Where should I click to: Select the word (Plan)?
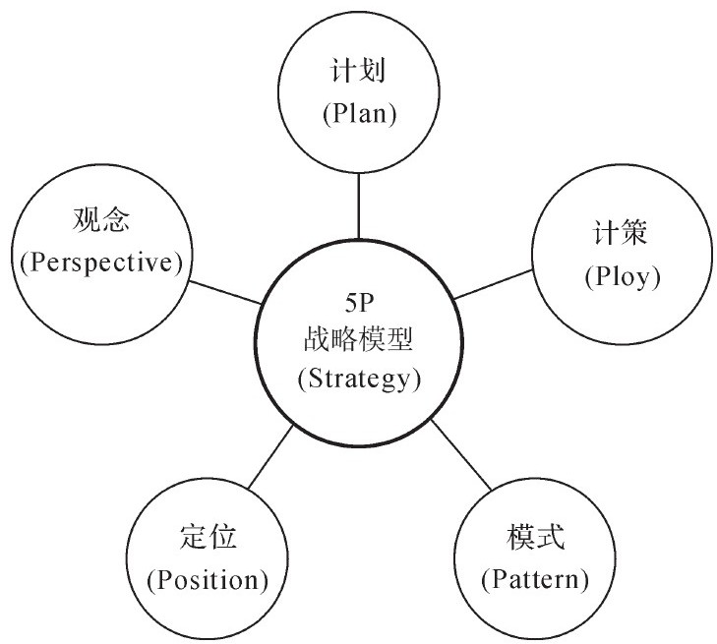(x=359, y=113)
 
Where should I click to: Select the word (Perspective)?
(x=100, y=263)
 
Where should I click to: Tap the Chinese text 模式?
(x=535, y=538)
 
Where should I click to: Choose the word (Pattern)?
(x=535, y=579)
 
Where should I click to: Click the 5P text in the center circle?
(x=359, y=301)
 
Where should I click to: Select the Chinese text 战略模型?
(x=359, y=340)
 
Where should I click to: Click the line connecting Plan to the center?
(x=359, y=205)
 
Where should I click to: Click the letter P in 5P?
(x=368, y=301)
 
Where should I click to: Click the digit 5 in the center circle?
(x=350, y=301)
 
